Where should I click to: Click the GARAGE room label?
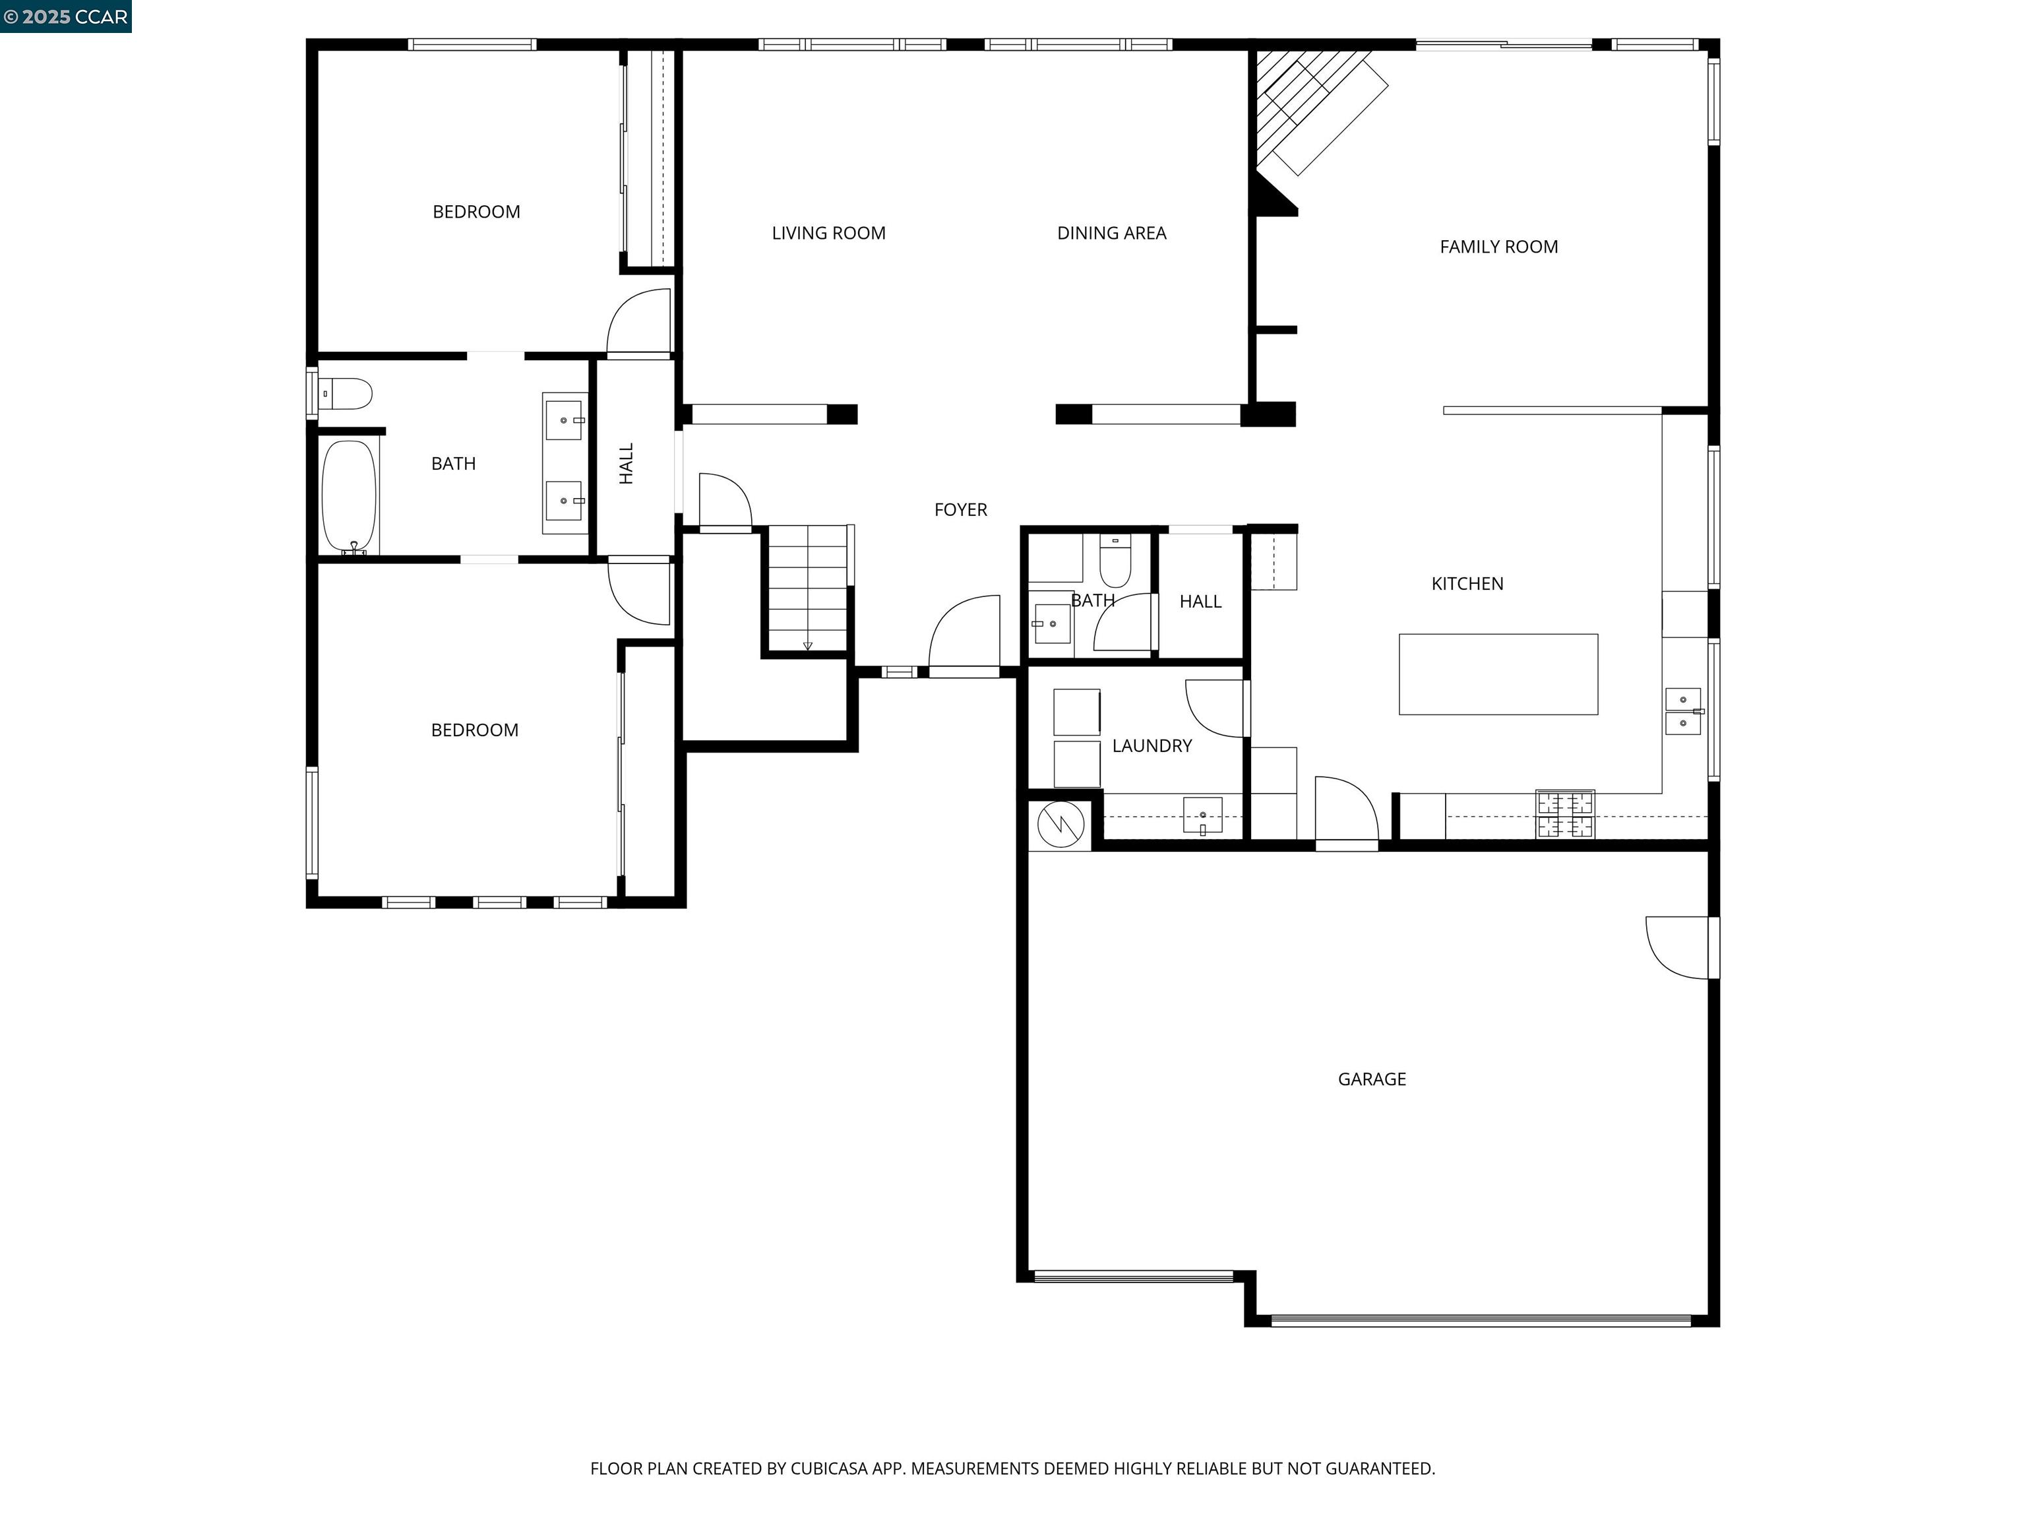[1371, 1079]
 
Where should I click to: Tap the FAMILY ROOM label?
[1498, 247]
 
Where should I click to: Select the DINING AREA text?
[1111, 233]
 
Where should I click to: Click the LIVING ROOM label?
[828, 233]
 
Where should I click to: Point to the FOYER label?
[960, 509]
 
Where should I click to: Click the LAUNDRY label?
[1151, 745]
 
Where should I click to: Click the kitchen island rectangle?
[1498, 674]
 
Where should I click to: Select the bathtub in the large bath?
[349, 497]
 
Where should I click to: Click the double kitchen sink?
[1682, 712]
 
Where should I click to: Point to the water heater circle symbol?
[1060, 825]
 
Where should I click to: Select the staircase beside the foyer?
[808, 586]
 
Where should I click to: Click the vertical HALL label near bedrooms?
[627, 464]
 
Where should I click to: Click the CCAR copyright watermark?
[65, 16]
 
